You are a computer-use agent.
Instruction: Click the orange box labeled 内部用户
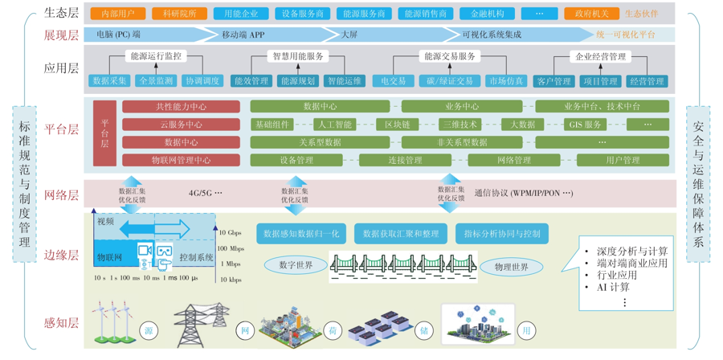point(118,14)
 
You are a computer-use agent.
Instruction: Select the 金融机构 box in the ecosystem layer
point(487,14)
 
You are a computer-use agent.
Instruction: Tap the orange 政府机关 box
point(586,14)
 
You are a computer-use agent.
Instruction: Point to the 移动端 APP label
point(243,35)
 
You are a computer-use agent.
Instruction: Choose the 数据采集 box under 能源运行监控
point(110,81)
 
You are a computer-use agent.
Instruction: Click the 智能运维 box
point(344,81)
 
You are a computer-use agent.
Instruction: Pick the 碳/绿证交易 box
point(449,81)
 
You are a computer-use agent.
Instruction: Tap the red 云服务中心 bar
point(181,125)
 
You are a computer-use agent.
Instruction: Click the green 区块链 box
point(397,125)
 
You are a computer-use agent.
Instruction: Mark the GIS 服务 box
point(585,125)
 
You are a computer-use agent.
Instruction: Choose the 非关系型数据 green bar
point(461,142)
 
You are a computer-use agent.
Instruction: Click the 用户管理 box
point(623,160)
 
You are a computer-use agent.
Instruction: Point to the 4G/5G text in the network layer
point(205,194)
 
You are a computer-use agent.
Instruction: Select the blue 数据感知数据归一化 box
point(301,234)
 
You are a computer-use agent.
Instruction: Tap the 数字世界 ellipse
point(296,265)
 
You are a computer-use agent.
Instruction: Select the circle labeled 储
point(423,331)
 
